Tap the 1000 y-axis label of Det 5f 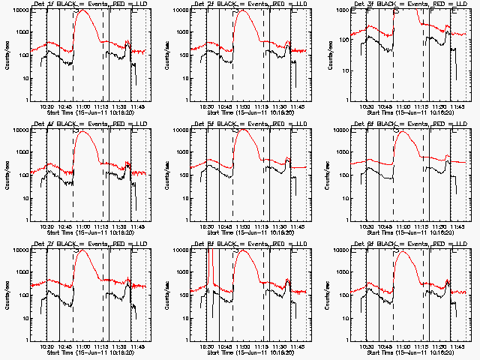pos(180,153)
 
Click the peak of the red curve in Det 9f pos(405,252)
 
